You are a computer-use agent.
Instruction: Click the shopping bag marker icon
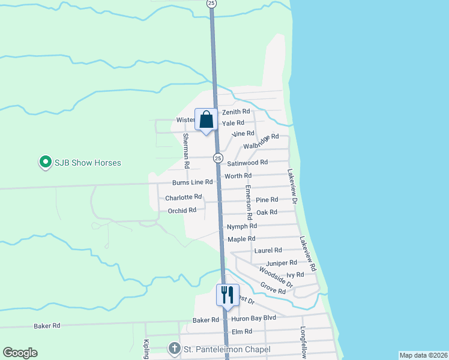coord(206,119)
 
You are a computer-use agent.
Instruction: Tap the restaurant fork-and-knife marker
coord(228,295)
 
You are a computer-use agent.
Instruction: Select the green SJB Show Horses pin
coord(44,163)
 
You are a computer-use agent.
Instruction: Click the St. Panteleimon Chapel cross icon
coord(174,349)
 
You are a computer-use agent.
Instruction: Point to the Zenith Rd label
coord(236,112)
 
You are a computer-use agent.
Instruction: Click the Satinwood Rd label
coord(247,163)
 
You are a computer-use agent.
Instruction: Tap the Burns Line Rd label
coord(193,182)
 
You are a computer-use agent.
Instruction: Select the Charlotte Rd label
coord(183,197)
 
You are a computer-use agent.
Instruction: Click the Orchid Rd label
coord(182,210)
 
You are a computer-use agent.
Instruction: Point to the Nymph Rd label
coord(242,226)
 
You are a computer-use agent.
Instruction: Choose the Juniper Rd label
coord(282,263)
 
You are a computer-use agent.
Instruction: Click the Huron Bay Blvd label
coord(253,318)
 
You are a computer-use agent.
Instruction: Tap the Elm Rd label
coord(241,331)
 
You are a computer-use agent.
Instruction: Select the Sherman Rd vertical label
coord(186,151)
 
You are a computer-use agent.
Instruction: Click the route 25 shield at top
coord(211,3)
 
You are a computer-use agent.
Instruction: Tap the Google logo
coord(20,353)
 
